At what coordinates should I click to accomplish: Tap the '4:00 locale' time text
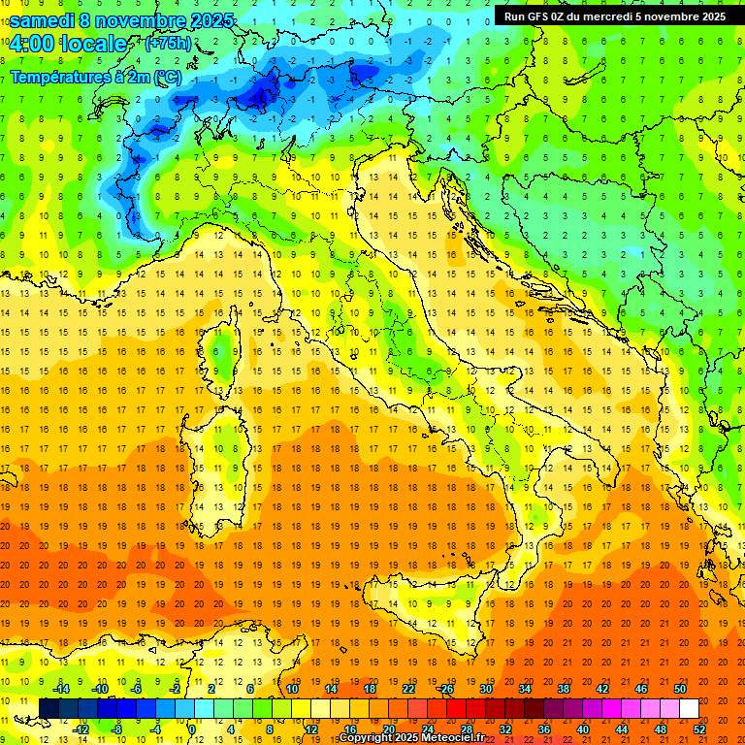tap(68, 44)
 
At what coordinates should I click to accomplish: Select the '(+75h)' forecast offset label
tap(168, 44)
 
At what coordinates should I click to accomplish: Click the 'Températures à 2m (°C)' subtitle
tap(95, 76)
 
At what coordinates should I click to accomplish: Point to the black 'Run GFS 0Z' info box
tap(614, 16)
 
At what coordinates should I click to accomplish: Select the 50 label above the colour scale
tap(680, 689)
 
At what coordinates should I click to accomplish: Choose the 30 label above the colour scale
tap(485, 689)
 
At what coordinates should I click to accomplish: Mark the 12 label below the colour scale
tap(310, 729)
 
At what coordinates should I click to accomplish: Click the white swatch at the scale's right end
tap(690, 709)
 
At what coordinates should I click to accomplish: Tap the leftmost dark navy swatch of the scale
tap(49, 709)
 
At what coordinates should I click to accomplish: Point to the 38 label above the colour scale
tap(563, 689)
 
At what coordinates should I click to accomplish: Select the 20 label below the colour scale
tap(388, 729)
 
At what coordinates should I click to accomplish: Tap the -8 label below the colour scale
tap(116, 729)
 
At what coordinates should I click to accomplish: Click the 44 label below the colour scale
tap(622, 729)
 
